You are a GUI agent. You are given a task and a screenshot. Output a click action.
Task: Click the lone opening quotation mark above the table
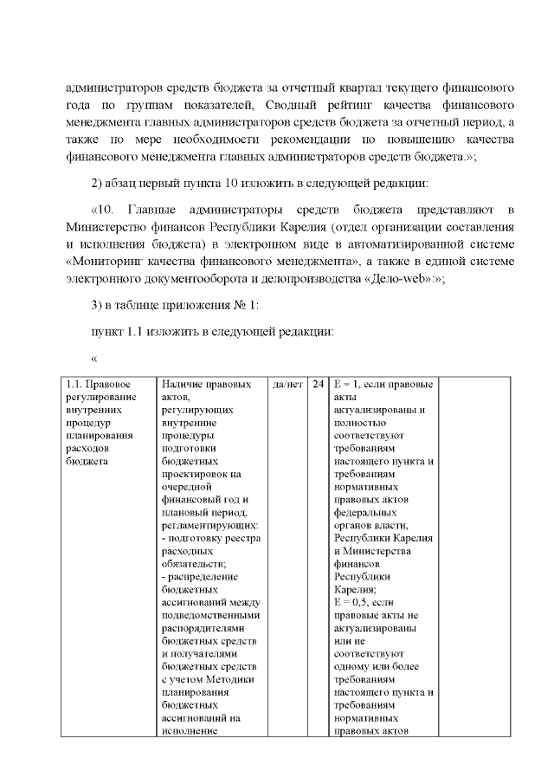pyautogui.click(x=94, y=359)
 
